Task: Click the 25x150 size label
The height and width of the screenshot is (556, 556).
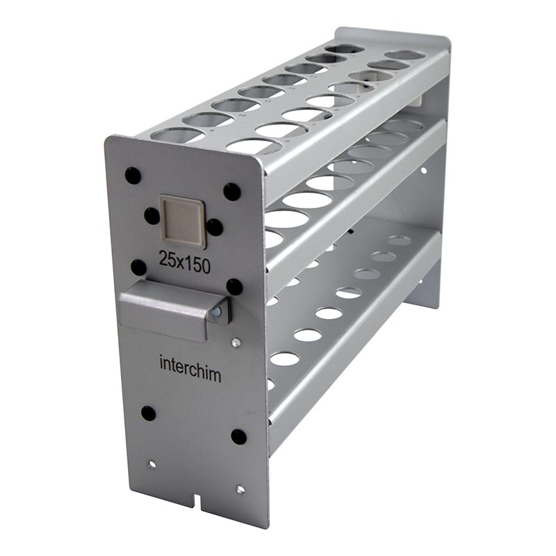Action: pyautogui.click(x=184, y=263)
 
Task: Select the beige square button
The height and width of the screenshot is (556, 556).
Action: pyautogui.click(x=183, y=221)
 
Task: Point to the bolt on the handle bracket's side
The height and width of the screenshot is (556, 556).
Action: pyautogui.click(x=216, y=312)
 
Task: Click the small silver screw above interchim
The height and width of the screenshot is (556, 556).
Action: pyautogui.click(x=236, y=342)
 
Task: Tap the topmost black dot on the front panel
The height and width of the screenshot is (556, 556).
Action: pyautogui.click(x=133, y=176)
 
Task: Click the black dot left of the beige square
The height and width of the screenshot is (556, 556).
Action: pyautogui.click(x=152, y=216)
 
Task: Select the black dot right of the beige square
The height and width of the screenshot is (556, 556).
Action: pyautogui.click(x=215, y=227)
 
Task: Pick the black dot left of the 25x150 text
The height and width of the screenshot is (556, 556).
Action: pyautogui.click(x=138, y=268)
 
